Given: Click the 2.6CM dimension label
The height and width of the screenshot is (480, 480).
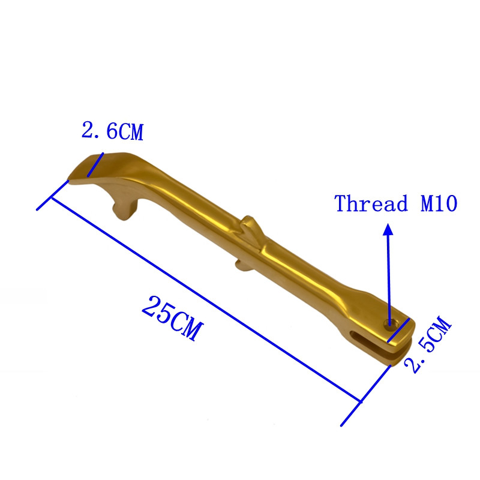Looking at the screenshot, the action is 112,131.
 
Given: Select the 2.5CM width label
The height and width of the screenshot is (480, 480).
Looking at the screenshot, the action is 428,344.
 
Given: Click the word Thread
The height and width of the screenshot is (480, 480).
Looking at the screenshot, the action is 371,203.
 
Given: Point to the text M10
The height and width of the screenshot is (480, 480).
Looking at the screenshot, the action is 439,203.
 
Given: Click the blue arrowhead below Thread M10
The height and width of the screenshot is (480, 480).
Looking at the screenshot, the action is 388,229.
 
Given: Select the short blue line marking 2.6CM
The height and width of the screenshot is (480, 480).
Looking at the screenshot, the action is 95,164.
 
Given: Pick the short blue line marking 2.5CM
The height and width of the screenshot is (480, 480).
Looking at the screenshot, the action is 398,331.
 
